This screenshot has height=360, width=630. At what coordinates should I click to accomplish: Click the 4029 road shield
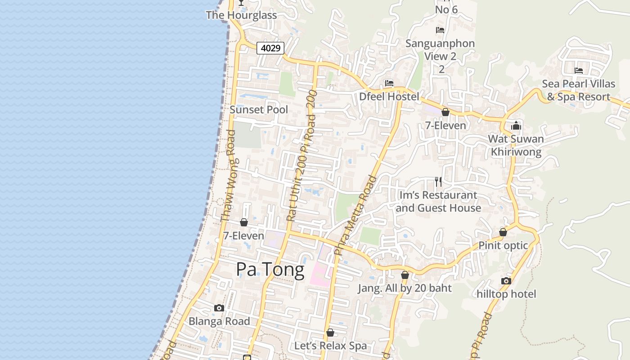tap(270, 48)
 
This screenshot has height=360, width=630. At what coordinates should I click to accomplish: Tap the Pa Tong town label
tap(270, 269)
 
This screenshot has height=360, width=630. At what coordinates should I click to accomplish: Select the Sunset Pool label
tap(259, 109)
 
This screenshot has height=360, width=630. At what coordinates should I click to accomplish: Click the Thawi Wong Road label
tap(229, 175)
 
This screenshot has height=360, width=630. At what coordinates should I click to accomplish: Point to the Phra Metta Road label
tap(355, 215)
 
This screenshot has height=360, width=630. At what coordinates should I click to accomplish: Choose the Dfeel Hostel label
tap(389, 96)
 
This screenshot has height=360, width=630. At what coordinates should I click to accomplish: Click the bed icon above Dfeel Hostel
tap(389, 83)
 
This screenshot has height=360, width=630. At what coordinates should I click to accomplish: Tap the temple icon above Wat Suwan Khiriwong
tap(516, 126)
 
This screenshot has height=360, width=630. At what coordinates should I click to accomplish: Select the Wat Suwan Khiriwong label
tap(516, 145)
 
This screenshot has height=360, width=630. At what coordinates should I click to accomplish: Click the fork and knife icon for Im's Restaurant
tap(438, 182)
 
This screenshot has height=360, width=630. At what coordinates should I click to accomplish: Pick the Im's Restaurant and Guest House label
tap(438, 202)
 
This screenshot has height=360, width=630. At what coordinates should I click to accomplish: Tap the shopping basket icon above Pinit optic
tap(503, 232)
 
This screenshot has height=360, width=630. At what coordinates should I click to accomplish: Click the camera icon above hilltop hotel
tap(506, 281)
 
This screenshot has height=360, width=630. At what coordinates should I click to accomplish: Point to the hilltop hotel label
tap(507, 294)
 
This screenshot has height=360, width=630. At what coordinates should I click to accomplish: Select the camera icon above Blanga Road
tap(219, 308)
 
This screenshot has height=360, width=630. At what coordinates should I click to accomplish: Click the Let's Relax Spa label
tap(330, 346)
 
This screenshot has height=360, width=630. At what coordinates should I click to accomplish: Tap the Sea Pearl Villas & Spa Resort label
tap(578, 90)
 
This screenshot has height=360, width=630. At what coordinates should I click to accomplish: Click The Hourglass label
tap(241, 15)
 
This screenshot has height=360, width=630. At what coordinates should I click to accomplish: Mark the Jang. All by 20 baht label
tap(405, 288)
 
